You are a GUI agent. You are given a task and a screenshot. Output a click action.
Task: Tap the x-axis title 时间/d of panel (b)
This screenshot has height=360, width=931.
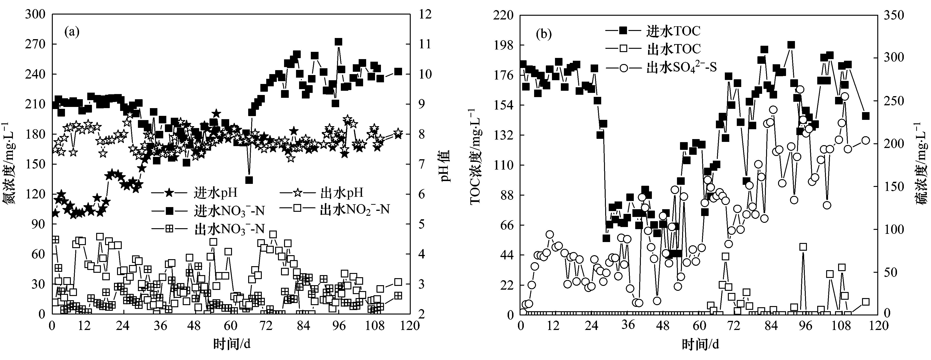[700, 345]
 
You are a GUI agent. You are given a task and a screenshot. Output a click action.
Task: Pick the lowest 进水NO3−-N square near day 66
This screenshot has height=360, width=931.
[249, 180]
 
